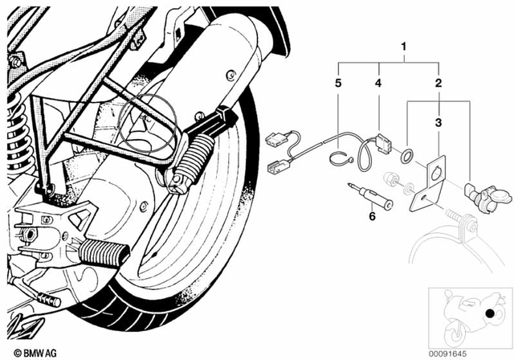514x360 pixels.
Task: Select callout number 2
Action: pyautogui.click(x=438, y=83)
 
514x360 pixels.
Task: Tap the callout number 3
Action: pyautogui.click(x=438, y=122)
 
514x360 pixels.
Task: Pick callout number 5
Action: pyautogui.click(x=338, y=83)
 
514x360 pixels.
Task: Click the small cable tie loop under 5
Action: pyautogui.click(x=338, y=155)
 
